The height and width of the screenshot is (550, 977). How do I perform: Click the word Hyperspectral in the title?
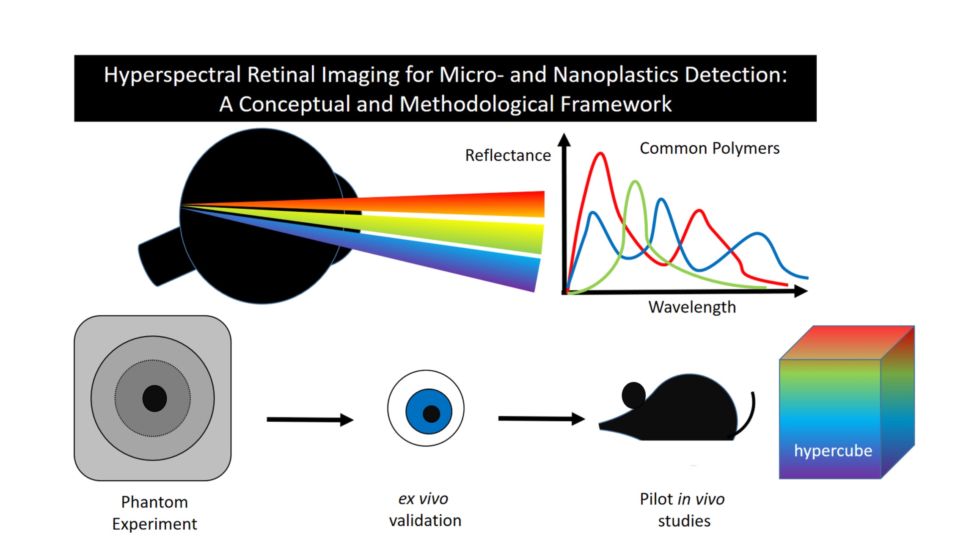(x=172, y=75)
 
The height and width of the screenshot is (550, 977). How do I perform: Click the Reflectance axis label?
(x=508, y=155)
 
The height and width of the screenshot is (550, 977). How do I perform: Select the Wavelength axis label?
(x=692, y=307)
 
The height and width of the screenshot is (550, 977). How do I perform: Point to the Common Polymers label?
(x=709, y=148)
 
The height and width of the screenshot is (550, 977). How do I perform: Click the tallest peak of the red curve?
(x=600, y=154)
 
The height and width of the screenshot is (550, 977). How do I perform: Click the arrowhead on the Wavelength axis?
(x=801, y=291)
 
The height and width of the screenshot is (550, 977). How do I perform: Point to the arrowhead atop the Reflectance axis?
(x=564, y=140)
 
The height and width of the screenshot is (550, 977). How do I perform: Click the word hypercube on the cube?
(x=833, y=451)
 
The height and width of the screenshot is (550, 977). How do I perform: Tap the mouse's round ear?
(x=633, y=395)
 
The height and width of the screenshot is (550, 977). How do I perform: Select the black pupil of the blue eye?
(x=431, y=414)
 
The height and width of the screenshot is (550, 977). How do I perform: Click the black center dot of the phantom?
(x=154, y=398)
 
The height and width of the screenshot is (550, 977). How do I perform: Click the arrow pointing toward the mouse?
(x=541, y=419)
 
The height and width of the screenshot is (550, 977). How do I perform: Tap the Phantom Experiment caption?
(x=154, y=513)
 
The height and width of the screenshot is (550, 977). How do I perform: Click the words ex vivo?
(x=423, y=499)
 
